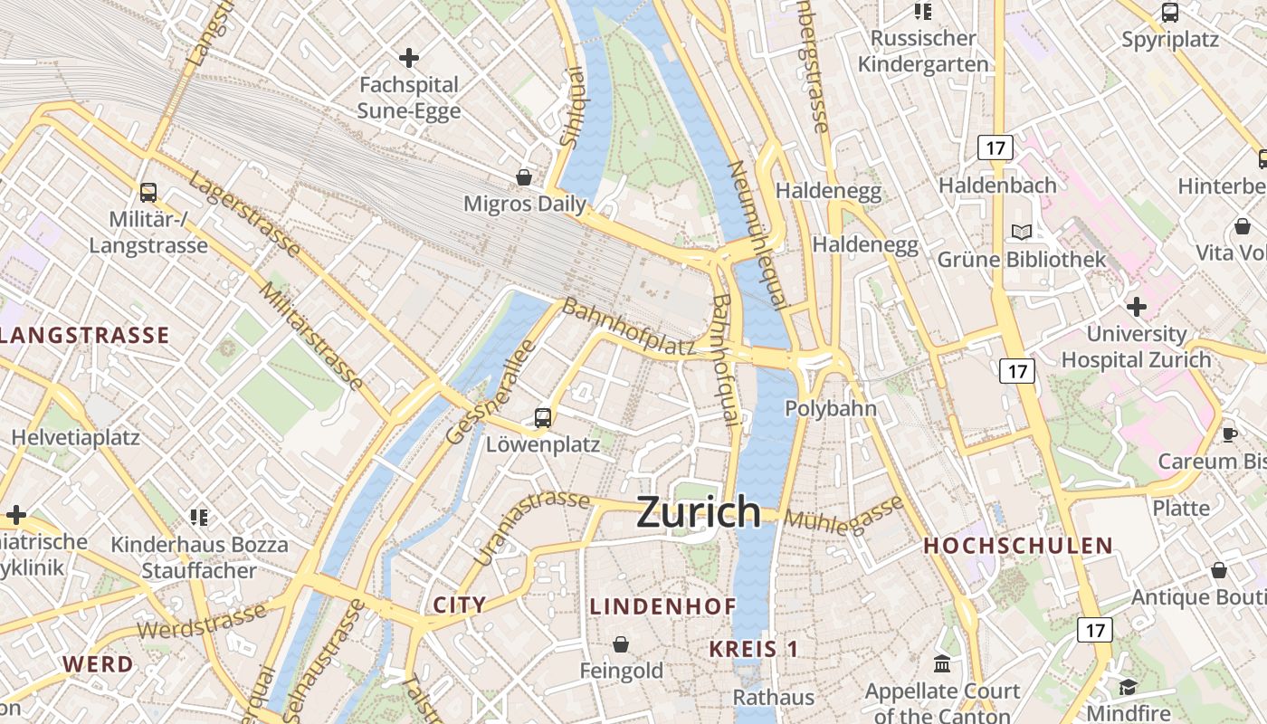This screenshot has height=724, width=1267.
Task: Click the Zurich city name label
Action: (x=698, y=512)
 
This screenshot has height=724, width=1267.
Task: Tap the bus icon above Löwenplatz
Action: (x=542, y=417)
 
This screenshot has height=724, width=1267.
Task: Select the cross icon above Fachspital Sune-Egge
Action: (x=409, y=58)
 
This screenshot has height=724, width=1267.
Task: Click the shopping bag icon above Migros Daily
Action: (x=524, y=176)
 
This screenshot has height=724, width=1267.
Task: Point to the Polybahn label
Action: (x=830, y=408)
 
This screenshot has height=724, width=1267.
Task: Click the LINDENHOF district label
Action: (x=662, y=606)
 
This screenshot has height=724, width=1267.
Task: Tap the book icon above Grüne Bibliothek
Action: (x=1022, y=233)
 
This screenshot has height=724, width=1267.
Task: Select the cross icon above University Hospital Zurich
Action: (x=1136, y=307)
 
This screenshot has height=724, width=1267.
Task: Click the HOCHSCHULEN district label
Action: (x=1017, y=546)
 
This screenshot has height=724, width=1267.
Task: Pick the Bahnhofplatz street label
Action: (x=628, y=328)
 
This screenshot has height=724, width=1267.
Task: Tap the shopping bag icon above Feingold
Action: (x=621, y=644)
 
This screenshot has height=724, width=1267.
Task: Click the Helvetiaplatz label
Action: (x=75, y=437)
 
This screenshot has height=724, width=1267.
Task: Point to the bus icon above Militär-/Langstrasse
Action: (x=148, y=192)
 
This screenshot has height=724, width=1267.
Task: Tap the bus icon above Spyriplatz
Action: (x=1169, y=13)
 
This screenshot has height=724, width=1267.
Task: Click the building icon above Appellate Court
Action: (x=942, y=664)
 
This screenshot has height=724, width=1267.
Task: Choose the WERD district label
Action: (x=98, y=663)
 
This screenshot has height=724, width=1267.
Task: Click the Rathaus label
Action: (x=773, y=697)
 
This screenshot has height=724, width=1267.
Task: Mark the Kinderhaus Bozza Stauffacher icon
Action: (x=199, y=518)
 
